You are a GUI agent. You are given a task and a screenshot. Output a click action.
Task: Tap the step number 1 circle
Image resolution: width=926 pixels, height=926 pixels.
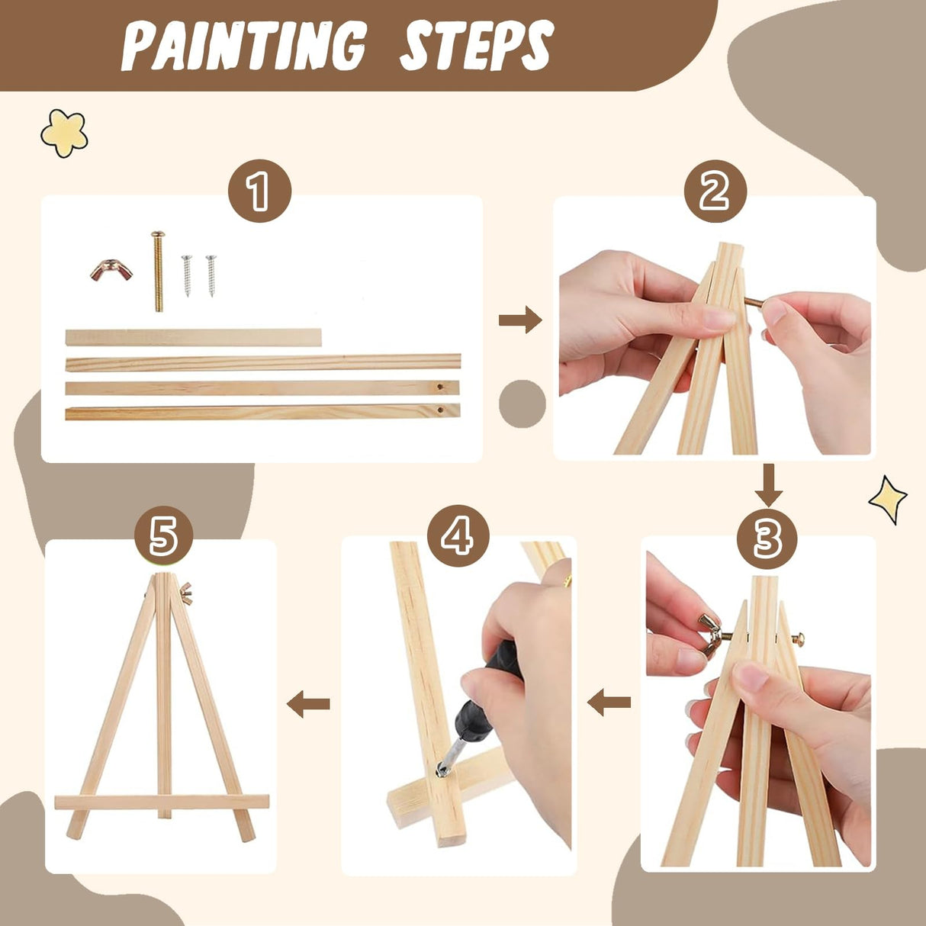(260, 191)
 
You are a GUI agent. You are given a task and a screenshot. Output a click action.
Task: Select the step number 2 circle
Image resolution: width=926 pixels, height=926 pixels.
(715, 191)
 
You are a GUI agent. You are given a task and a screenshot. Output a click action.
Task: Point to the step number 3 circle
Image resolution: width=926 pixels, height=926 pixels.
(767, 539)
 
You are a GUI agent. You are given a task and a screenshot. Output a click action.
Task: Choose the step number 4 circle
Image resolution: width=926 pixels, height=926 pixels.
(458, 536)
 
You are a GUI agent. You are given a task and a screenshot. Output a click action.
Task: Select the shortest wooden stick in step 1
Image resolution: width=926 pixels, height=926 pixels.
(193, 337)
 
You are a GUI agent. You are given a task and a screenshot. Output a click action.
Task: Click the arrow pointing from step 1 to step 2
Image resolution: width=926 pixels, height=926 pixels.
(519, 320)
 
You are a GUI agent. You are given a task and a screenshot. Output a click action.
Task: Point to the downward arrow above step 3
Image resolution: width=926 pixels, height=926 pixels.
(768, 484)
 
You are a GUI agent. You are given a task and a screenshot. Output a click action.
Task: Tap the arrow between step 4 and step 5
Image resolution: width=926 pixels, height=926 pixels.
(308, 703)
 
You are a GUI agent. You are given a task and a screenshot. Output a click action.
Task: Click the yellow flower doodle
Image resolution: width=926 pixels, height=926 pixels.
(64, 133)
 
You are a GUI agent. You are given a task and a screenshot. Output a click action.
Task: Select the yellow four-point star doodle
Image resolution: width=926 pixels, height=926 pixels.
(888, 500)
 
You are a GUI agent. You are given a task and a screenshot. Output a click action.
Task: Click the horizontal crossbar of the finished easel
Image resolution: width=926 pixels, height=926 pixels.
(162, 802)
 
